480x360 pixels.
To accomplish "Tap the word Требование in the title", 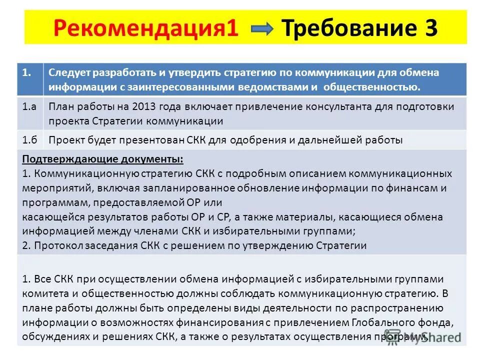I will (x=347, y=29).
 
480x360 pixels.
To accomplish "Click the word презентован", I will (x=144, y=140).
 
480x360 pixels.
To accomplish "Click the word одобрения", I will (x=260, y=140).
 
